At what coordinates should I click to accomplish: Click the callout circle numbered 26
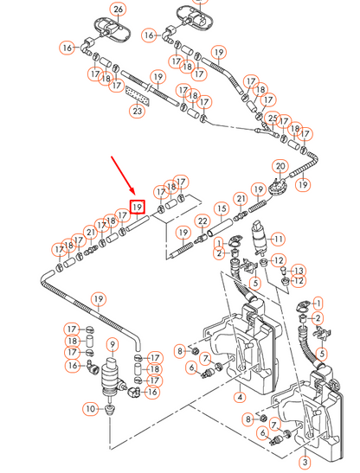tap(119, 10)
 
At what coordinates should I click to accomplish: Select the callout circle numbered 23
tap(137, 110)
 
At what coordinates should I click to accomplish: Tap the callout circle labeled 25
tap(273, 118)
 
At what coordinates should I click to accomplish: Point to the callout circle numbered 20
tap(280, 166)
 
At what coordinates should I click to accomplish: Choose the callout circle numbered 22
tap(202, 222)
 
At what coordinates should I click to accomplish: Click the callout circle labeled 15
tap(222, 209)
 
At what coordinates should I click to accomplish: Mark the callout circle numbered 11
tap(278, 239)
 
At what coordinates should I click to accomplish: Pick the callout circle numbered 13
tap(299, 271)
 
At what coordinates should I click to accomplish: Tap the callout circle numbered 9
tap(111, 345)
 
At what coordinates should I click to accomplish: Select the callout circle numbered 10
tap(89, 408)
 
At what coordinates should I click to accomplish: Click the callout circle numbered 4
tap(239, 398)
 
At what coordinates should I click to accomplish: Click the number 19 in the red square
tap(137, 208)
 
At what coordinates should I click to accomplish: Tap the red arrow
tap(122, 177)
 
